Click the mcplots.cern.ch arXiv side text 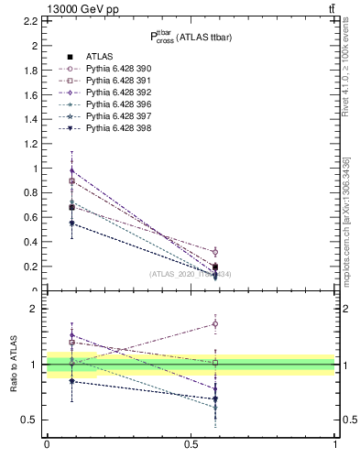pyautogui.click(x=350, y=220)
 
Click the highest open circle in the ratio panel pyautogui.click(x=215, y=323)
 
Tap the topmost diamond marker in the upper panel pyautogui.click(x=71, y=170)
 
